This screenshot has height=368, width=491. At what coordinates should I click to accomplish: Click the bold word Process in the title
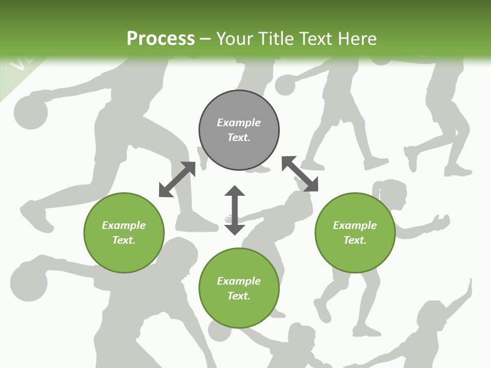(161, 38)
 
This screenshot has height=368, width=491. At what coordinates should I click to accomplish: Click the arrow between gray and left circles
(177, 179)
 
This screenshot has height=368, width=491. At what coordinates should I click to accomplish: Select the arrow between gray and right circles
(300, 174)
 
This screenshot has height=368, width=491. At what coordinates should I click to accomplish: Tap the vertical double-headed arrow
(235, 210)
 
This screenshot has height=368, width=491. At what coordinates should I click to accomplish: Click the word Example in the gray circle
(239, 123)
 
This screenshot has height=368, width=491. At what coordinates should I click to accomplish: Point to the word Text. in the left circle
(124, 240)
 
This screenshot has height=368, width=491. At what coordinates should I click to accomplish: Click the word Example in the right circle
(355, 225)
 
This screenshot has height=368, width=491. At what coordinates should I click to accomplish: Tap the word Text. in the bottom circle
(239, 296)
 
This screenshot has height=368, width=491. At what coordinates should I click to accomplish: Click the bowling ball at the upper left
(31, 112)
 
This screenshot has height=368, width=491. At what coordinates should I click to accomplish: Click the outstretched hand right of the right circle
(441, 223)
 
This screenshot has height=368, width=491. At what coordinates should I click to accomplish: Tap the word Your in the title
(235, 38)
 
